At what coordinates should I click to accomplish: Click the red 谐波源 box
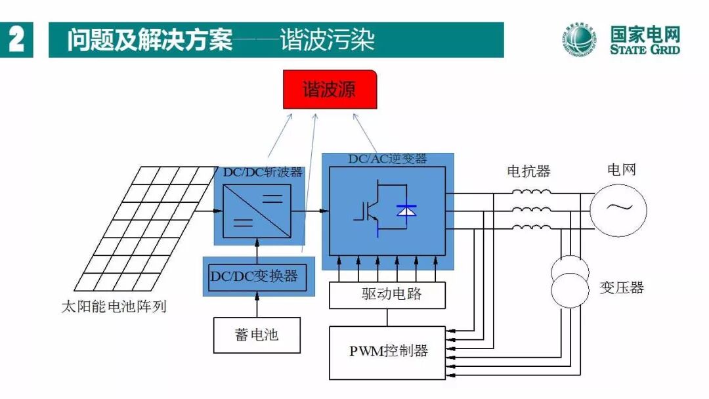click(330, 89)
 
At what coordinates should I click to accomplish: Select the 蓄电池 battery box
click(257, 335)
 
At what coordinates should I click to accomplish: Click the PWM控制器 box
click(387, 352)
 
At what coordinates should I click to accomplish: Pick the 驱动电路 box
click(387, 295)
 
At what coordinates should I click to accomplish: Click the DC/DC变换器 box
click(254, 276)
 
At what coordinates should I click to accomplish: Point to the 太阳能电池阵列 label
click(113, 306)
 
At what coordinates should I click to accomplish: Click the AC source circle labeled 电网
click(618, 207)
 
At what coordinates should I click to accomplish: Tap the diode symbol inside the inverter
click(406, 211)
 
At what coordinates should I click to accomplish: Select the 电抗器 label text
click(528, 172)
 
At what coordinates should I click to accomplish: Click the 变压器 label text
click(621, 287)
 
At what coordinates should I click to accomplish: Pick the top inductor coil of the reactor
click(531, 193)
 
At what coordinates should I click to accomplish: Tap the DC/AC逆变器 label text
click(387, 159)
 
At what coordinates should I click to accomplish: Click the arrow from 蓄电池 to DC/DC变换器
click(257, 306)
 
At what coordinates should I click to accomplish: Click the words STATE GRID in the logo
click(645, 50)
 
